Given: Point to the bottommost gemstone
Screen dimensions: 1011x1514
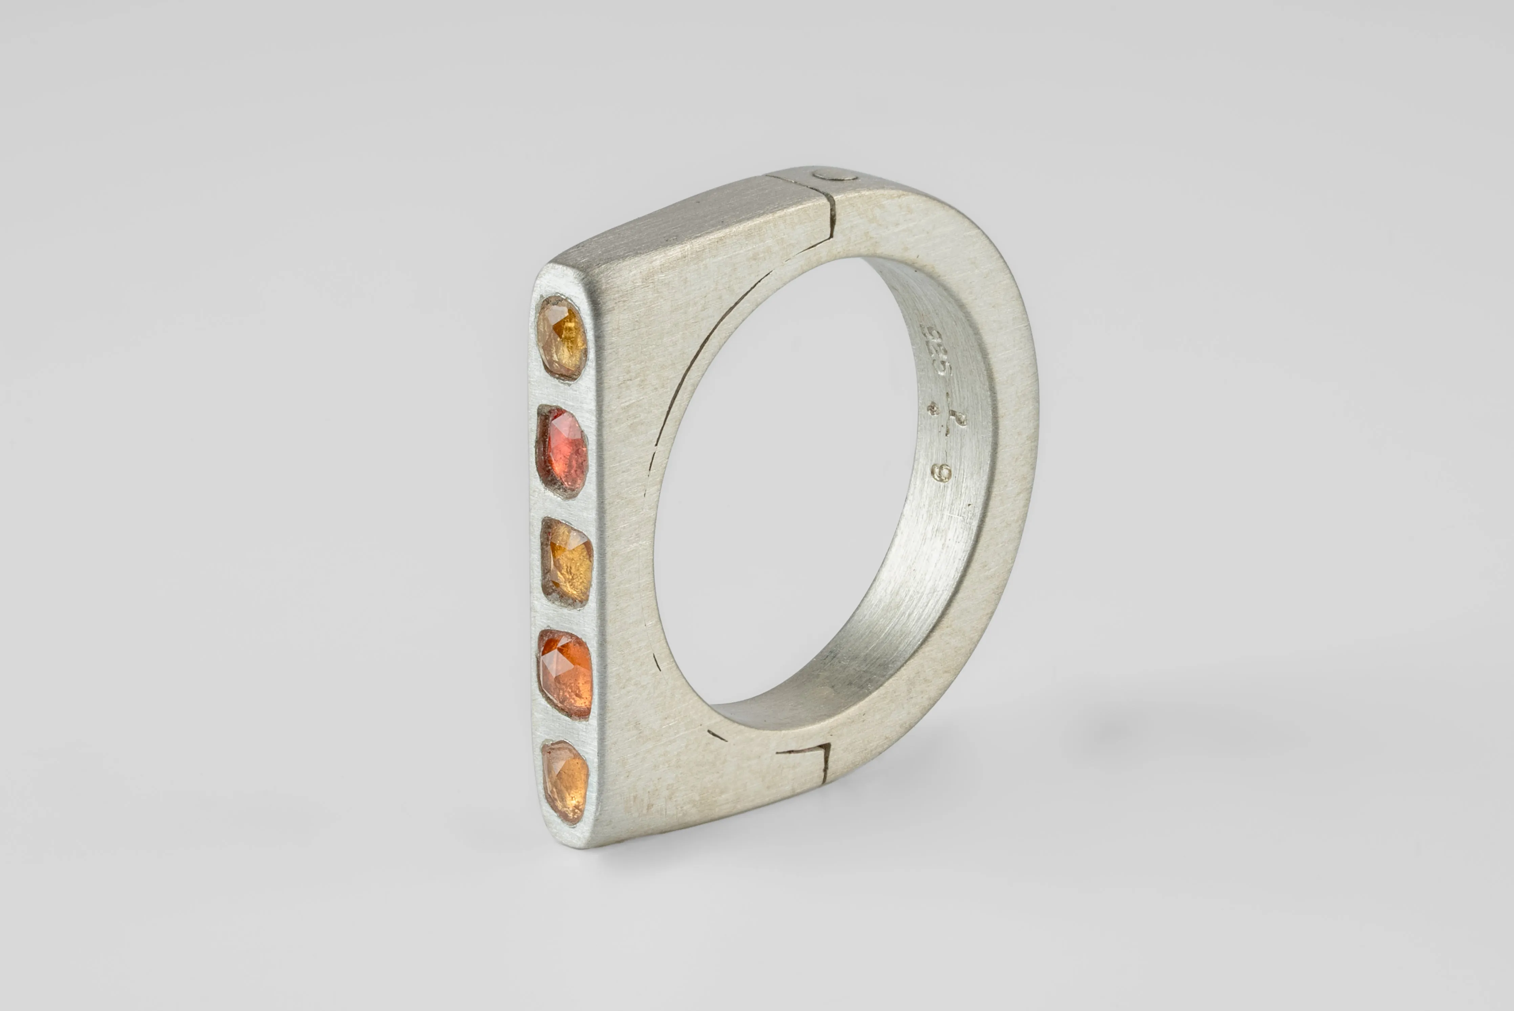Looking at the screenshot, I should coord(565,781).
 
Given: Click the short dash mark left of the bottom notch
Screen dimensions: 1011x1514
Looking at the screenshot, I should coord(716,735).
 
